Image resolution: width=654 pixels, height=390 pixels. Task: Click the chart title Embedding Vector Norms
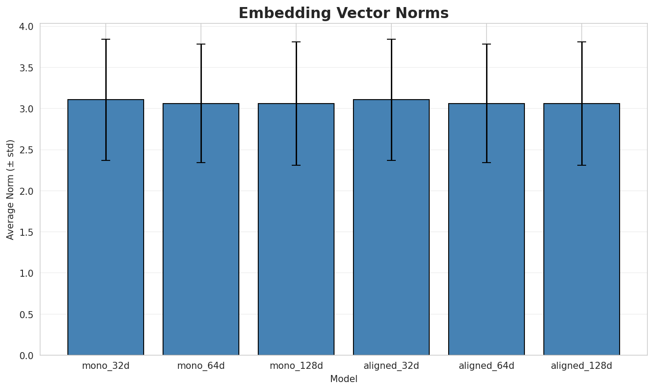[x=343, y=13]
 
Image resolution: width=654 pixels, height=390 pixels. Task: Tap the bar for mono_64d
[x=201, y=229]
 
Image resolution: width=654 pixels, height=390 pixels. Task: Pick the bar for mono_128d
[x=296, y=229]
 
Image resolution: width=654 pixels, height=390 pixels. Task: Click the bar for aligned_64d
[x=487, y=229]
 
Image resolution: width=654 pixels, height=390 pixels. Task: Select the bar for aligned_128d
[x=582, y=229]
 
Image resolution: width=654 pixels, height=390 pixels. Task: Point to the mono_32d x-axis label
[x=106, y=366]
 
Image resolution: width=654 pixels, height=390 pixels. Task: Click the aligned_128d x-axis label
[x=582, y=366]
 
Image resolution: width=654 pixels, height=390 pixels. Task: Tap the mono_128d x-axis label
[x=296, y=366]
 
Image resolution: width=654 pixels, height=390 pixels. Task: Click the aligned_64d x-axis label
[x=487, y=366]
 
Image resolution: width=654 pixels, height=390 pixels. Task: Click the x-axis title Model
[x=343, y=379]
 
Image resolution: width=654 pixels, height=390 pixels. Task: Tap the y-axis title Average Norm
[x=11, y=189]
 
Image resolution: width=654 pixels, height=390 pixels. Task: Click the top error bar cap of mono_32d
[x=106, y=39]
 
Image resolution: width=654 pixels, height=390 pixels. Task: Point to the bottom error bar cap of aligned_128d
[x=582, y=165]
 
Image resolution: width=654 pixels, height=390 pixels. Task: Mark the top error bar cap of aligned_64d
[x=487, y=44]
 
